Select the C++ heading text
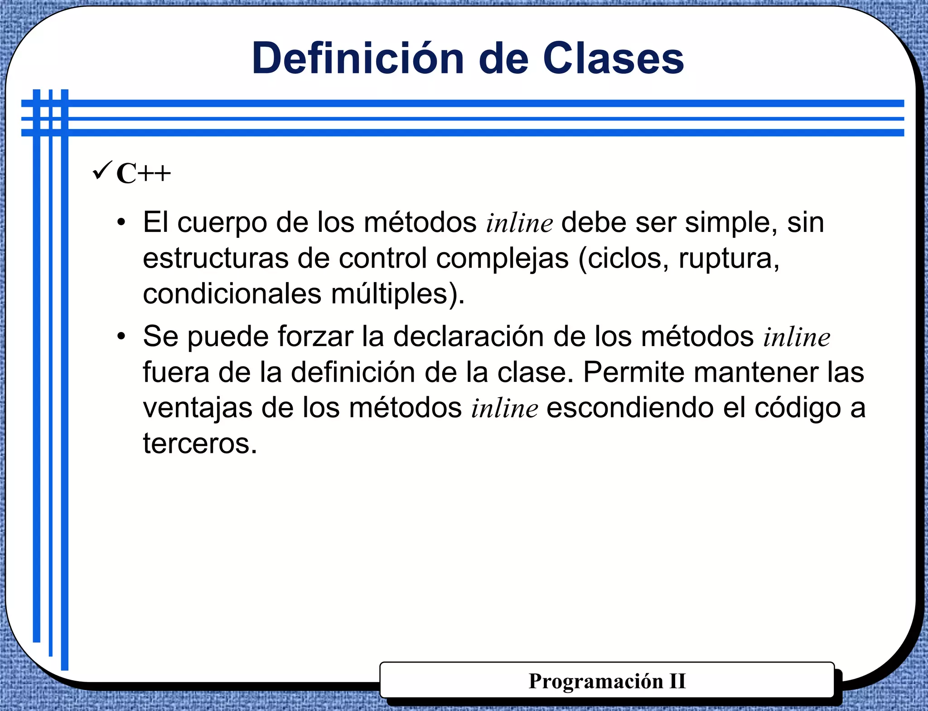[x=144, y=173]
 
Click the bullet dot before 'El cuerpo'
[x=121, y=222]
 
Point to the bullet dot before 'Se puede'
[x=121, y=336]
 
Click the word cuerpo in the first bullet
[x=222, y=223]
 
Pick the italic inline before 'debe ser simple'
[x=519, y=223]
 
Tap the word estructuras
[x=216, y=258]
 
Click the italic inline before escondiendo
[x=504, y=408]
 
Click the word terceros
[x=200, y=443]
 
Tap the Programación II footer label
[x=607, y=681]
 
